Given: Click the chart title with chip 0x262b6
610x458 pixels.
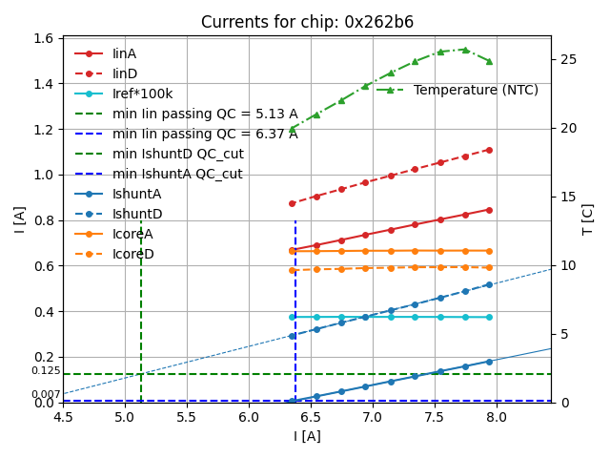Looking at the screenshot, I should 307,22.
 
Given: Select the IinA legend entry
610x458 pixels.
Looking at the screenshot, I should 125,53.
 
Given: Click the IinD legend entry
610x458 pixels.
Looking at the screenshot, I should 125,73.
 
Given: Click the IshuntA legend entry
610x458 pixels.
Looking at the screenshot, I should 136,194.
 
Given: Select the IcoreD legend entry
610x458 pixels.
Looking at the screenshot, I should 132,254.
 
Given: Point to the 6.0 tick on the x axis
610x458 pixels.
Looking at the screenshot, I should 249,417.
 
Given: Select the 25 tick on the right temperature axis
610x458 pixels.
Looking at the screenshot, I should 563,59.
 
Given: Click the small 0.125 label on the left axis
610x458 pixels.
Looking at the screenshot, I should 46,370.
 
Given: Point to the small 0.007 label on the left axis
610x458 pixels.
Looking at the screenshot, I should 46,394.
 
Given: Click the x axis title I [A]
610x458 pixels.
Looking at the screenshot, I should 307,436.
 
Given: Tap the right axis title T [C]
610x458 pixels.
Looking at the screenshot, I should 587,219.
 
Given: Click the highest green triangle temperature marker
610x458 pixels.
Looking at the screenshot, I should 465,50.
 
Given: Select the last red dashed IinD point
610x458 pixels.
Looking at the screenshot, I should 489,150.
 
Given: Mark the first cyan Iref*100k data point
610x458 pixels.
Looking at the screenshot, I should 293,317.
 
